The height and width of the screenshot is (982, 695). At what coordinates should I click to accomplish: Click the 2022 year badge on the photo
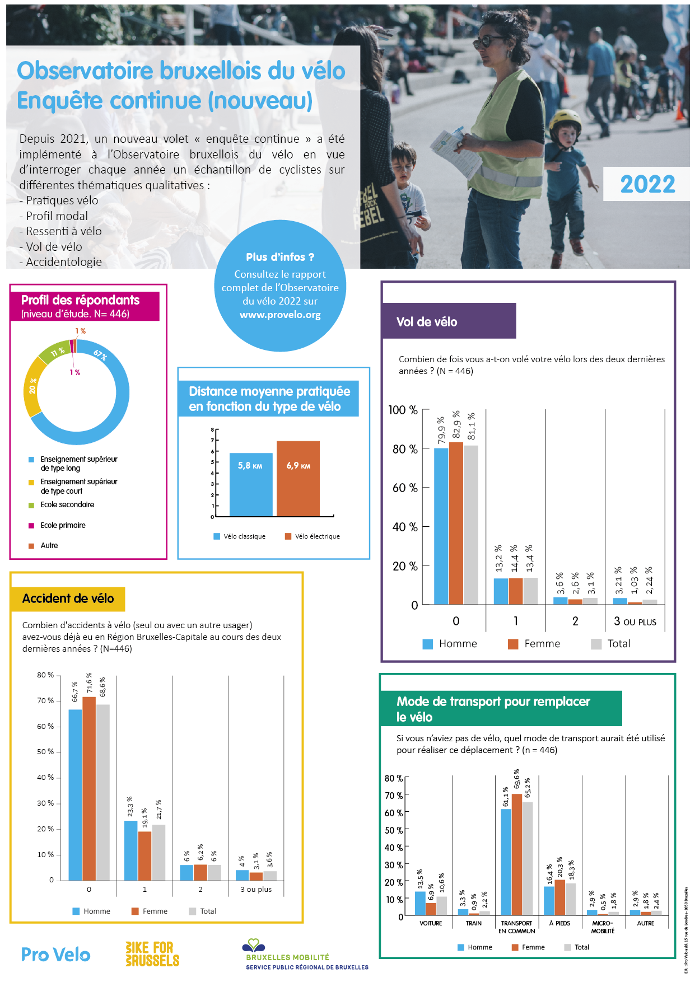pyautogui.click(x=647, y=184)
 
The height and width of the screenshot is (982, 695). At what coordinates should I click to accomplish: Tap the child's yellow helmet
pyautogui.click(x=565, y=121)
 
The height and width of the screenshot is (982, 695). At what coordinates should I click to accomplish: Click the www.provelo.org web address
pyautogui.click(x=280, y=315)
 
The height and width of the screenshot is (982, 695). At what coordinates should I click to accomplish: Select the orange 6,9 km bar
pyautogui.click(x=298, y=479)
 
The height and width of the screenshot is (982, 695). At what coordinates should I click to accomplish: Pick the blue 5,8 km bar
pyautogui.click(x=251, y=484)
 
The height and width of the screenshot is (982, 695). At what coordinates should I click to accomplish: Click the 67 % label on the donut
pyautogui.click(x=100, y=355)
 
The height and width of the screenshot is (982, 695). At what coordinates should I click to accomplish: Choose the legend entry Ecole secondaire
pyautogui.click(x=67, y=504)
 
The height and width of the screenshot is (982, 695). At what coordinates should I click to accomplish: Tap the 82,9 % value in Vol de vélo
pyautogui.click(x=456, y=425)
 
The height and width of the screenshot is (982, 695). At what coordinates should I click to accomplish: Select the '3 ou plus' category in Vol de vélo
pyautogui.click(x=635, y=621)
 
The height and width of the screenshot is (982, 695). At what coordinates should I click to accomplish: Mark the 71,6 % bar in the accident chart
pyautogui.click(x=89, y=788)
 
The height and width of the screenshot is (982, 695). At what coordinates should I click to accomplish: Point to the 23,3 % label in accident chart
pyautogui.click(x=130, y=806)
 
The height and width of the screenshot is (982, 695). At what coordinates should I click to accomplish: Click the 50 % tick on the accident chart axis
pyautogui.click(x=45, y=752)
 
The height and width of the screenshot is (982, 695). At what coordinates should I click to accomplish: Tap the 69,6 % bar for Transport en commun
pyautogui.click(x=516, y=854)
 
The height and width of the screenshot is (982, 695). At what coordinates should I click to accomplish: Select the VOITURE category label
pyautogui.click(x=431, y=923)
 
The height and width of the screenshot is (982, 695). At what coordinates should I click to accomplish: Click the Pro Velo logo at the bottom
pyautogui.click(x=55, y=955)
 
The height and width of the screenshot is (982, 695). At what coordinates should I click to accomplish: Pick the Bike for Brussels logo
pyautogui.click(x=152, y=954)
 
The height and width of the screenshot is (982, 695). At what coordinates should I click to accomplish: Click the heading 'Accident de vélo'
pyautogui.click(x=68, y=598)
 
